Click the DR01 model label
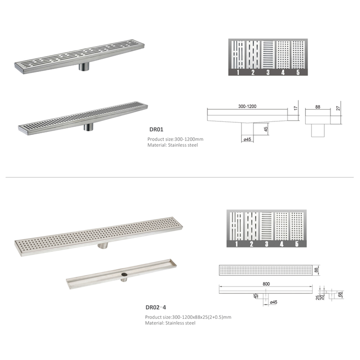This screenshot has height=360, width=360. (156, 129)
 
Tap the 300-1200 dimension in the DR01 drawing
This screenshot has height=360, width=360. (247, 106)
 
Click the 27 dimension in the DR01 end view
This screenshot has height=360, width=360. (338, 108)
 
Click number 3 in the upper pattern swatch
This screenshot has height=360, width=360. (268, 73)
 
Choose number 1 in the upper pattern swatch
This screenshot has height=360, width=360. (238, 73)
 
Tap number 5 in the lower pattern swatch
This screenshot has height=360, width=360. (297, 244)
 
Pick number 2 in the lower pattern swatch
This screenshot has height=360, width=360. (253, 244)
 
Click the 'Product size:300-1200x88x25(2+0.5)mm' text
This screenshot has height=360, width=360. (188, 317)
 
